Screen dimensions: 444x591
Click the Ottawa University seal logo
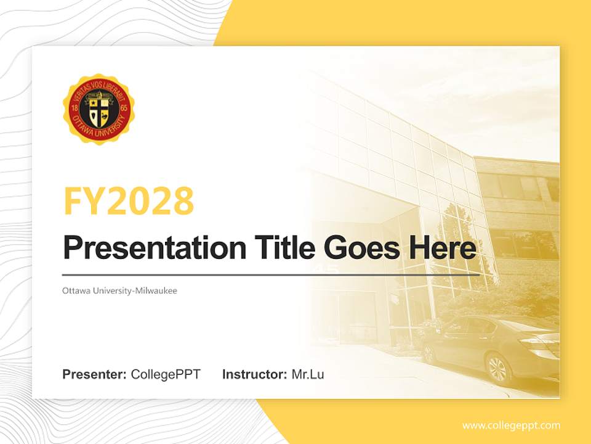coord(98,109)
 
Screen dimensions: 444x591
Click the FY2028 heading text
coord(129,201)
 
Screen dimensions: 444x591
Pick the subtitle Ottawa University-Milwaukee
coord(119,290)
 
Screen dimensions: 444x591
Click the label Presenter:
coord(94,374)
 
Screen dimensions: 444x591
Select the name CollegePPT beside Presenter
coord(166,374)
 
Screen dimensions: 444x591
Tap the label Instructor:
coord(254,374)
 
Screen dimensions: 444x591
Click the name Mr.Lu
coord(307,374)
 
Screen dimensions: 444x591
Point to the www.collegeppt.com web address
coord(511,425)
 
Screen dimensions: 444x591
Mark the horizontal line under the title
coord(271,274)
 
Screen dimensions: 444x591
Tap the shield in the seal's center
coord(98,110)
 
